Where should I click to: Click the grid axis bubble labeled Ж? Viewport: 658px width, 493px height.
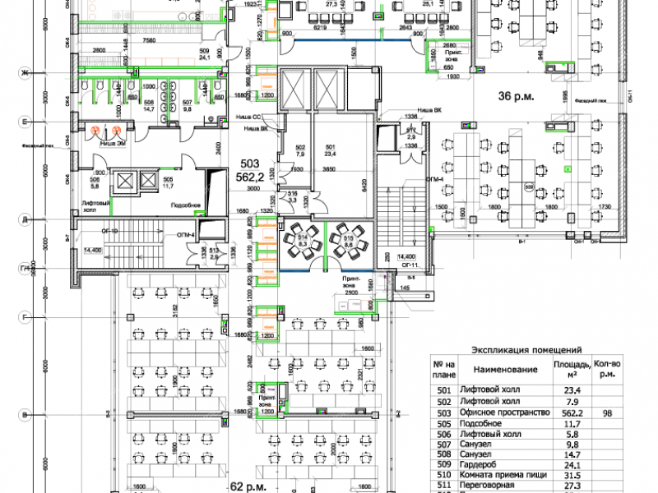pos(25,74)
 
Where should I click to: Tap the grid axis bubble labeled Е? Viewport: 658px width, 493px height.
pos(25,123)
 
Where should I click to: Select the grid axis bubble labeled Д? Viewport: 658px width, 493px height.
pos(25,220)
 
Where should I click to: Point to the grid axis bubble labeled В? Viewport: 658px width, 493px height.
pos(25,413)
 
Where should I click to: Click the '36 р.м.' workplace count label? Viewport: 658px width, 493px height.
pos(516,96)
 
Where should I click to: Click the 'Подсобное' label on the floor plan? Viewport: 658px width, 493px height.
pos(187,206)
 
